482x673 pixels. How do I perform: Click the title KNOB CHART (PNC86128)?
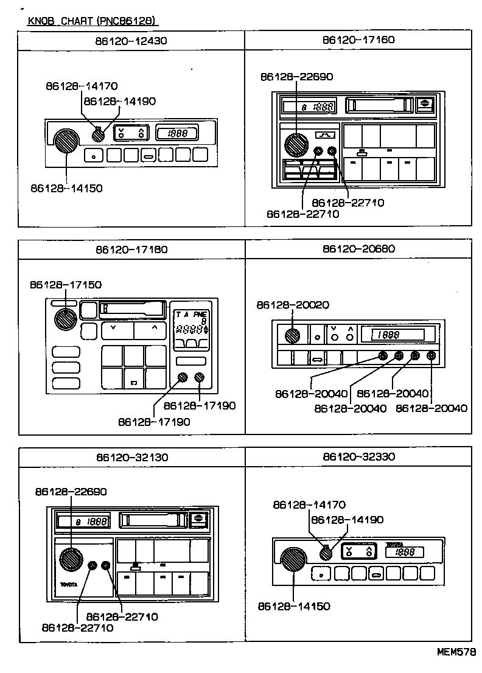pos(93,21)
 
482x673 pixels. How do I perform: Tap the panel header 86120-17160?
pos(358,40)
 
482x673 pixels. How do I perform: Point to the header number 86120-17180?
pos(131,249)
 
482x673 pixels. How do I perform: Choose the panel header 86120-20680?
pos(358,249)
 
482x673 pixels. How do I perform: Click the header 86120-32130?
pos(131,457)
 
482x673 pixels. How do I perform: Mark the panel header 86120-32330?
pos(358,457)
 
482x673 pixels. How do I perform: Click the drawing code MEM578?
pos(456,652)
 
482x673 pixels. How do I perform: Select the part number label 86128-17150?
pos(66,285)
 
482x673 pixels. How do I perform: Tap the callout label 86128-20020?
pos(293,304)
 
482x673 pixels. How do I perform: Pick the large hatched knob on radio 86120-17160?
pos(297,145)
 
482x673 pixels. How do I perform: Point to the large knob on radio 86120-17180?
pos(65,318)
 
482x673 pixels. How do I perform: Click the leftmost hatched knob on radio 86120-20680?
pos(293,335)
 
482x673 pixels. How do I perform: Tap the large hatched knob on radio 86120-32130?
pos(71,560)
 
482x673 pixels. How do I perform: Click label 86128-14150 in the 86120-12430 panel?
pos(66,188)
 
